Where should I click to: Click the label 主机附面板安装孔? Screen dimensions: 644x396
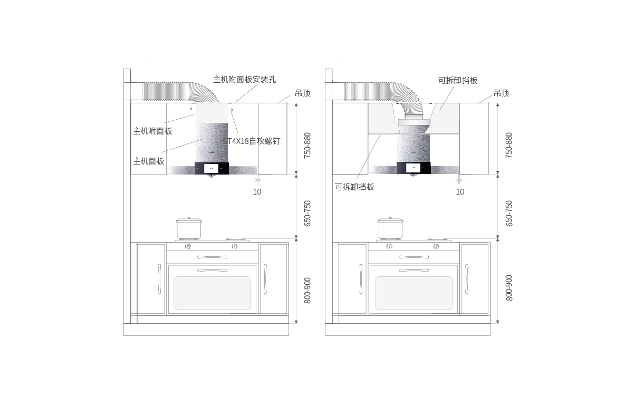(244, 80)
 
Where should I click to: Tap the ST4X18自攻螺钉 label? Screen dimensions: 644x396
(252, 141)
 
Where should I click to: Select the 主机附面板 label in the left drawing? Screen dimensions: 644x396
(152, 131)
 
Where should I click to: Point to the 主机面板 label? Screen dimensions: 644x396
(149, 161)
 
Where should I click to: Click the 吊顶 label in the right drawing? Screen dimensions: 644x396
(501, 93)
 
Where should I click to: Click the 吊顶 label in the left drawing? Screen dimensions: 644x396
(302, 93)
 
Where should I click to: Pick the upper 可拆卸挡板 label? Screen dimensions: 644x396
(458, 81)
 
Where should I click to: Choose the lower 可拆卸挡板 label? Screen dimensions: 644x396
(354, 187)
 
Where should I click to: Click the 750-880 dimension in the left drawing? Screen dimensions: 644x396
(307, 146)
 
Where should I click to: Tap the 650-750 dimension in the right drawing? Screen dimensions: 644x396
(509, 214)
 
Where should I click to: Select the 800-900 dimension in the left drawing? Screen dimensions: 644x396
(307, 291)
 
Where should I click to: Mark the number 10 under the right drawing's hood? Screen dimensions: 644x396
(460, 192)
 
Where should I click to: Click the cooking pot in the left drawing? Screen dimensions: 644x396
(189, 228)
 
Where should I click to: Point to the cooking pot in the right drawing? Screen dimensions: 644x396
(390, 228)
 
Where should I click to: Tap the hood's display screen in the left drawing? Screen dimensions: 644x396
(212, 168)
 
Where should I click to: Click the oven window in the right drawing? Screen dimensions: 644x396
(414, 293)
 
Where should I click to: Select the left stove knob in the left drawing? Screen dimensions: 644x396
(188, 247)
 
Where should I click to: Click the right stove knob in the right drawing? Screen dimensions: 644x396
(436, 247)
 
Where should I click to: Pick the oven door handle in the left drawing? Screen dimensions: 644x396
(212, 270)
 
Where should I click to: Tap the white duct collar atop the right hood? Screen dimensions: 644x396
(414, 122)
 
